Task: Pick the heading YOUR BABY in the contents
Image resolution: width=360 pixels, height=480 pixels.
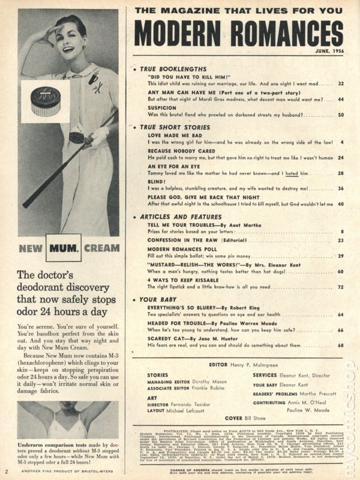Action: tap(157, 299)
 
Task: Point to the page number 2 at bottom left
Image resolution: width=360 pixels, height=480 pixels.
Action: tap(6, 471)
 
